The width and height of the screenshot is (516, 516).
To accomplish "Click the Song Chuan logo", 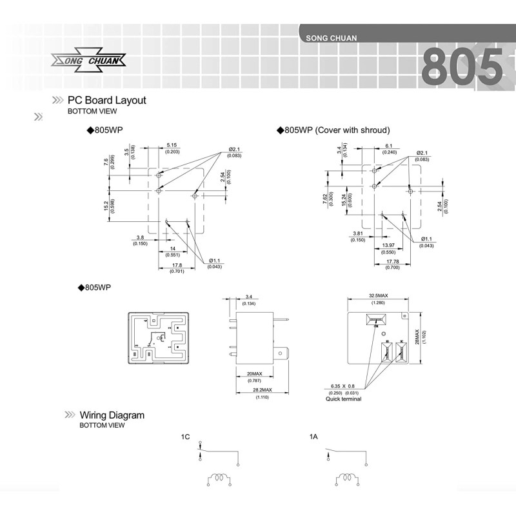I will [x=88, y=61].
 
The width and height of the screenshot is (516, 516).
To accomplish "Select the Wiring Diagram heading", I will [x=112, y=415].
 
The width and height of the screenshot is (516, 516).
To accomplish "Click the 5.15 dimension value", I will [x=172, y=145].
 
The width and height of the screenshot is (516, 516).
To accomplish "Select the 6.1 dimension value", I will [x=389, y=146].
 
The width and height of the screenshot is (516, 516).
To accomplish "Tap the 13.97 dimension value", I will [x=389, y=246].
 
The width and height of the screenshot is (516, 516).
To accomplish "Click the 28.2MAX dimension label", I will [x=262, y=390].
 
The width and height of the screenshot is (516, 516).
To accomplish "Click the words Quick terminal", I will [x=343, y=399].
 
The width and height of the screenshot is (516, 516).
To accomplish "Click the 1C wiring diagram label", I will [x=185, y=437].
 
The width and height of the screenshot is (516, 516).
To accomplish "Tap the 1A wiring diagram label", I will [x=313, y=437].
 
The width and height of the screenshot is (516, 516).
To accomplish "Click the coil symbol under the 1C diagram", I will [x=219, y=480].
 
